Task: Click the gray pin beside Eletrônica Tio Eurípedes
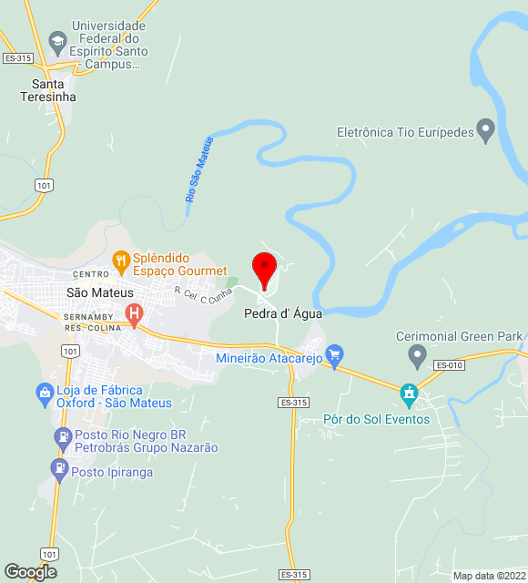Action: point(486,132)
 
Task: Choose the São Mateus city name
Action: point(100,292)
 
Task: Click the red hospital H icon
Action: point(135,316)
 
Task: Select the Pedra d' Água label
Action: point(282,313)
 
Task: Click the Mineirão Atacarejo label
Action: point(269,358)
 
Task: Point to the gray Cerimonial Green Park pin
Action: point(417,353)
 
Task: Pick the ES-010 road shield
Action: point(449,365)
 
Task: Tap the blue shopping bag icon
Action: point(44,394)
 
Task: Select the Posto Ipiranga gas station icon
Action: point(59,468)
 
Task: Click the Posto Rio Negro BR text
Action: point(130,435)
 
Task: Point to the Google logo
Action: point(30,572)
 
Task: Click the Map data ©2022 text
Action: point(488,576)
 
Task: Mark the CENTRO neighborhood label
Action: point(91,274)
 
